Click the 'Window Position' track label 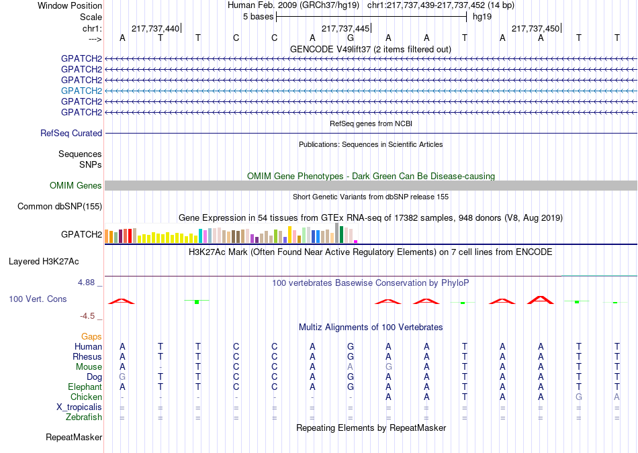point(70,5)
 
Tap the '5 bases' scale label point(259,17)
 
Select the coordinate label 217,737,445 point(345,28)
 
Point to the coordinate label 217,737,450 point(535,28)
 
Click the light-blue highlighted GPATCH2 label point(81,91)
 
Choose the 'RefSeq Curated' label point(71,134)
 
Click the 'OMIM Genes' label point(76,185)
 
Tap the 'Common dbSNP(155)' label point(60,207)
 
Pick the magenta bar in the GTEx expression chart point(356,242)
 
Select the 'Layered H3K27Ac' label point(44,262)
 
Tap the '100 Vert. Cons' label point(38,299)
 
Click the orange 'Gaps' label point(91,337)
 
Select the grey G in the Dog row point(122,377)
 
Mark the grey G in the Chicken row point(579,397)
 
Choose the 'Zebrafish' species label point(84,417)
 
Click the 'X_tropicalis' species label point(79,407)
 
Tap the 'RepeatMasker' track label point(74,438)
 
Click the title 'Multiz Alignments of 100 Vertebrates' point(371,328)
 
